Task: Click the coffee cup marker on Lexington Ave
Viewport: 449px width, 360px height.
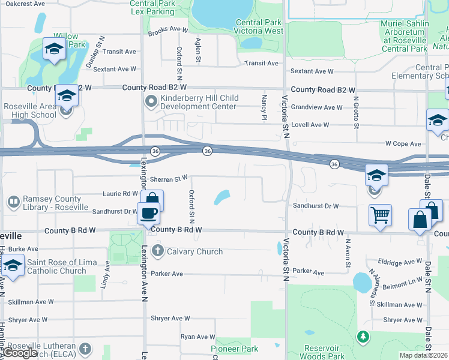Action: click(x=148, y=212)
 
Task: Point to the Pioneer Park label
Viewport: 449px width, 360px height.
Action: click(x=234, y=349)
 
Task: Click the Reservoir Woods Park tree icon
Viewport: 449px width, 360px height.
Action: click(x=362, y=337)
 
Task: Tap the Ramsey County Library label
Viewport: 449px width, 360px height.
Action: click(x=52, y=203)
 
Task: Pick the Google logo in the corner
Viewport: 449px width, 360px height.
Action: click(x=19, y=353)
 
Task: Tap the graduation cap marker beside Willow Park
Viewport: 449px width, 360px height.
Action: click(x=54, y=50)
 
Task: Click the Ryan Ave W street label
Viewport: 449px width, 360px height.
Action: click(x=198, y=337)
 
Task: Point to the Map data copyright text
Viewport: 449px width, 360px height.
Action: click(x=423, y=355)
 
